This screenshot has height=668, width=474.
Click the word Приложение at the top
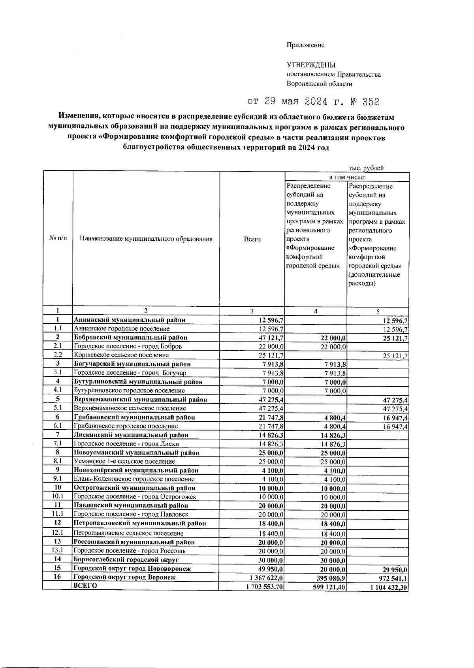[x=305, y=45]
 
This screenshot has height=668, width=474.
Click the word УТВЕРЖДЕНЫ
[x=311, y=65]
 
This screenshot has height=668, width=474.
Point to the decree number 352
[x=371, y=102]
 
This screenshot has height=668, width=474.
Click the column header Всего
[x=252, y=239]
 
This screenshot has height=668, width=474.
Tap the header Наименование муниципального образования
[x=146, y=239]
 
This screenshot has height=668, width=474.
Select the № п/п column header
[x=58, y=239]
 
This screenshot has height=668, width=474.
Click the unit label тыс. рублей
[x=366, y=168]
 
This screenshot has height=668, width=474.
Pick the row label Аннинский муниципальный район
[x=130, y=320]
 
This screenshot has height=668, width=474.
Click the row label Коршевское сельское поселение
[x=121, y=355]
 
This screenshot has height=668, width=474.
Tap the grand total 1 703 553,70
[x=264, y=587]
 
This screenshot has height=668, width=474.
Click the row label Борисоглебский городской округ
[x=126, y=560]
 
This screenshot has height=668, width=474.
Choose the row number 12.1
[x=58, y=532]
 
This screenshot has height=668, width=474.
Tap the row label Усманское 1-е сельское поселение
[x=124, y=461]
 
